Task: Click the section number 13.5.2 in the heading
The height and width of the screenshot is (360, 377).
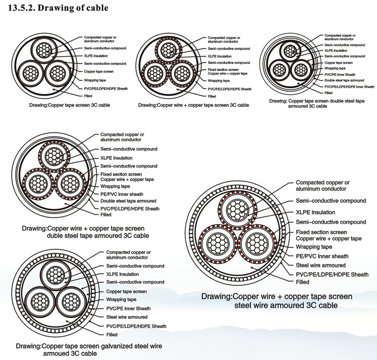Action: click(x=22, y=8)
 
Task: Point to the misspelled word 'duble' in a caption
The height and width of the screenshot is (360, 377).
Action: click(x=55, y=235)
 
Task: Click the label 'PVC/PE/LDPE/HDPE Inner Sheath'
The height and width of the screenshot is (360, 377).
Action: click(x=349, y=87)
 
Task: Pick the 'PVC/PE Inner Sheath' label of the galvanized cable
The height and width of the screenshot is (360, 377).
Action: click(x=128, y=309)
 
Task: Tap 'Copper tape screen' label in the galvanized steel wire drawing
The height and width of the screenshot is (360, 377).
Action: click(x=127, y=291)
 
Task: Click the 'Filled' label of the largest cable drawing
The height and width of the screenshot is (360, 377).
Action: click(x=302, y=282)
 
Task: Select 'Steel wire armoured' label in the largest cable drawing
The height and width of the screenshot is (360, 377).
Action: click(x=321, y=265)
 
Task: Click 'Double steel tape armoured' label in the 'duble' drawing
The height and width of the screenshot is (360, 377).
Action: click(x=128, y=201)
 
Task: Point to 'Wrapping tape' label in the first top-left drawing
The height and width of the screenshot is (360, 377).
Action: click(x=95, y=80)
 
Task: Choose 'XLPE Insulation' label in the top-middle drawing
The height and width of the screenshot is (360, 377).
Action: click(x=220, y=56)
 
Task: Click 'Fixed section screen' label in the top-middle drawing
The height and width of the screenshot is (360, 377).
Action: click(x=223, y=70)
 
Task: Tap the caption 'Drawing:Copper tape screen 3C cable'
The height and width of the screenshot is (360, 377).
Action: click(x=70, y=105)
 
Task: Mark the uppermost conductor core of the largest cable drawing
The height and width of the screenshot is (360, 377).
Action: click(x=237, y=211)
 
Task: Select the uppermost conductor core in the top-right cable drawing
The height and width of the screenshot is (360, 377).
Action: click(x=290, y=51)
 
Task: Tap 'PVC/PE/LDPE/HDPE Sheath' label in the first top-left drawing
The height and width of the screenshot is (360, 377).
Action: click(x=106, y=89)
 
